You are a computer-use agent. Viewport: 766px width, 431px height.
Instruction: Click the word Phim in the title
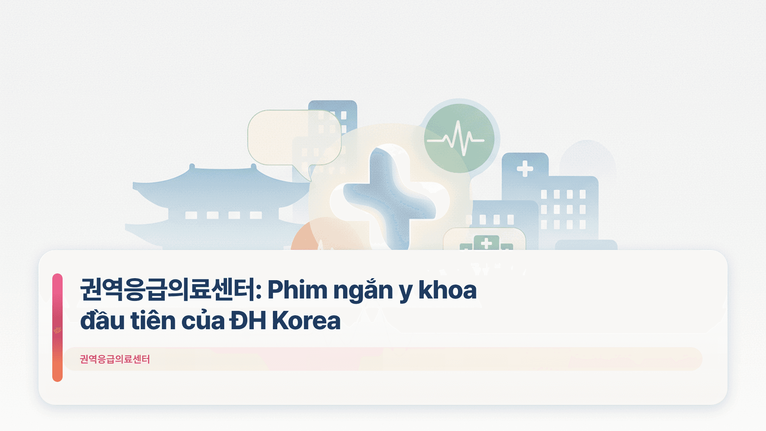297,290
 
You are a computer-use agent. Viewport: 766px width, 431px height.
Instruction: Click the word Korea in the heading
306,320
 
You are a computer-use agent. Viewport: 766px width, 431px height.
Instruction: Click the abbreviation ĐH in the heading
248,320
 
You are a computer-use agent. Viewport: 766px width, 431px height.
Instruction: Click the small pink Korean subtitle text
115,359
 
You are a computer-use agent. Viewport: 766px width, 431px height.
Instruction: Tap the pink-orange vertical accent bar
57,327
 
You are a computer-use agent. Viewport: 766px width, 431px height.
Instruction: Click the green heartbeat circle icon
459,138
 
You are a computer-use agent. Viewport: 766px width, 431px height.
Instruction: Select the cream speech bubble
294,138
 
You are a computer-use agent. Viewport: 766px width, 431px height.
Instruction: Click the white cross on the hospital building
525,168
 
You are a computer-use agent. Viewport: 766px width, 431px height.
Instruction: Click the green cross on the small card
486,243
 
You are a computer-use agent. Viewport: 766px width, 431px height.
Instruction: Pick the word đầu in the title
102,320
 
